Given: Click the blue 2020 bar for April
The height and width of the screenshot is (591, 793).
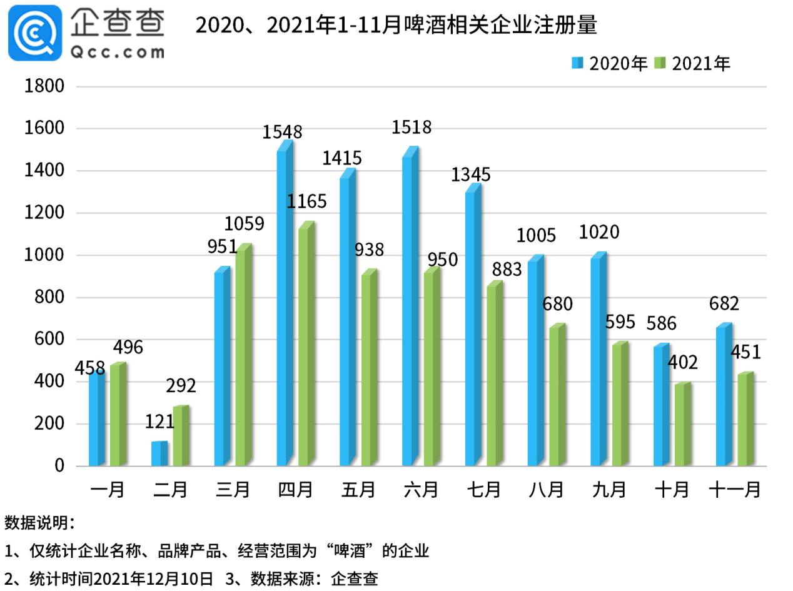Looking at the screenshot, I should [x=285, y=306].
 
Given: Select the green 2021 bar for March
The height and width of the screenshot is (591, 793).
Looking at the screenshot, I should [x=243, y=356].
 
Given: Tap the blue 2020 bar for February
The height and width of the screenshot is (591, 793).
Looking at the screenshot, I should [x=159, y=454].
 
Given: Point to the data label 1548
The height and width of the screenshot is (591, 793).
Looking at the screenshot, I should [x=282, y=132].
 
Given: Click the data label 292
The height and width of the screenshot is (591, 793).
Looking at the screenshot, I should [x=181, y=386].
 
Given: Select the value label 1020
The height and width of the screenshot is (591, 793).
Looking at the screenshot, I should [x=599, y=233].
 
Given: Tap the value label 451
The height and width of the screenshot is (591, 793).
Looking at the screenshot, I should [x=745, y=352].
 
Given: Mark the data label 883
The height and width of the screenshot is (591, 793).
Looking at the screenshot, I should [x=507, y=270].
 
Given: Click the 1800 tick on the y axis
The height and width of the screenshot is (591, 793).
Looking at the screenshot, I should [x=44, y=86].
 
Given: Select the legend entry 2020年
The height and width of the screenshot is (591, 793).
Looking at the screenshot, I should [x=610, y=64].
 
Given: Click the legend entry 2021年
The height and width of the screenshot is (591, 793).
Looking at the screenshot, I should [x=693, y=64].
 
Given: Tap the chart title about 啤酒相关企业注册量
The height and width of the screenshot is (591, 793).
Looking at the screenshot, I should [x=396, y=25].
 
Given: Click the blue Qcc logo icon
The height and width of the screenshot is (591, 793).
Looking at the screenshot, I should [x=35, y=33].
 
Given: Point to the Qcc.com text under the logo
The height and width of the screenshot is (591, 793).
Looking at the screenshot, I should [x=117, y=51].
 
